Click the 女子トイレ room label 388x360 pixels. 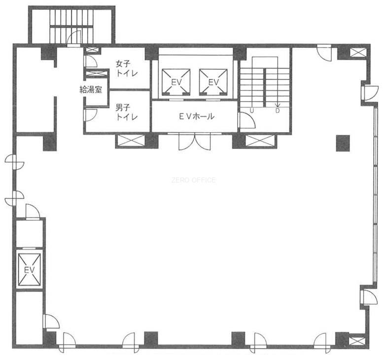tap(127, 69)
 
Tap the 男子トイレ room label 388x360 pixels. tap(127, 112)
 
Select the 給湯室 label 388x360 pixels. tap(91, 89)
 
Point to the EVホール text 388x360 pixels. tap(197, 116)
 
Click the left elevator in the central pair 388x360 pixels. tap(176, 82)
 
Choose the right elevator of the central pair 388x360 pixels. tap(213, 82)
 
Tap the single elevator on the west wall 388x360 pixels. tap(30, 269)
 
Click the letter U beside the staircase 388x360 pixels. tap(251, 111)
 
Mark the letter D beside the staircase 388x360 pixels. tap(278, 111)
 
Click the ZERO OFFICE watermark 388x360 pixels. tap(193, 180)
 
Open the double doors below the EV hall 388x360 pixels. tap(195, 142)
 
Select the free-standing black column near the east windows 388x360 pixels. tap(343, 143)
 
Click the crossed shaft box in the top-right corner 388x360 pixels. tap(358, 53)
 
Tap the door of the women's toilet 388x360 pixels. tap(90, 61)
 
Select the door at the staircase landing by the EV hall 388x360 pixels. tap(247, 120)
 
